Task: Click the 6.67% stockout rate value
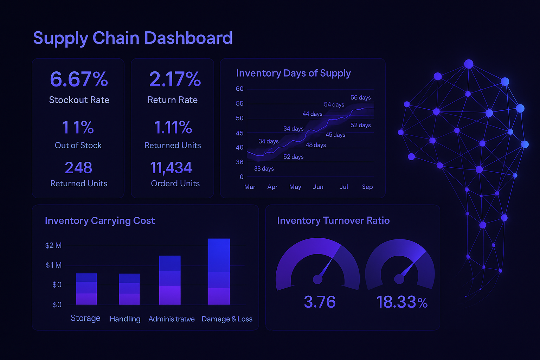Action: pyautogui.click(x=79, y=79)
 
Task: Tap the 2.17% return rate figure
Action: pyautogui.click(x=175, y=79)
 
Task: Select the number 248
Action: pyautogui.click(x=78, y=168)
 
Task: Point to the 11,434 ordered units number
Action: pyautogui.click(x=171, y=168)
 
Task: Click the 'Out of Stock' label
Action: pyautogui.click(x=78, y=145)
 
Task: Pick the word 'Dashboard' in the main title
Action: pyautogui.click(x=188, y=38)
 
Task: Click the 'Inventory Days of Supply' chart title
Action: pyautogui.click(x=293, y=73)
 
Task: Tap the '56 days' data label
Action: pyautogui.click(x=360, y=97)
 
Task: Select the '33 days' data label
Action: pyautogui.click(x=264, y=169)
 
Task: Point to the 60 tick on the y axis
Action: pyautogui.click(x=239, y=89)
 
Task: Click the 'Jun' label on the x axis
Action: pyautogui.click(x=318, y=187)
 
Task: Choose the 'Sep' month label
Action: pyautogui.click(x=367, y=187)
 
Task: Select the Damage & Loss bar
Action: pyautogui.click(x=219, y=271)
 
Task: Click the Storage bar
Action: pyautogui.click(x=86, y=289)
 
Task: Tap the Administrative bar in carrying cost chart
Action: pyautogui.click(x=169, y=280)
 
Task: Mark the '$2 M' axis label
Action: pyautogui.click(x=53, y=245)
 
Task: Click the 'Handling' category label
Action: pyautogui.click(x=125, y=319)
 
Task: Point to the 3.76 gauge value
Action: pyautogui.click(x=320, y=302)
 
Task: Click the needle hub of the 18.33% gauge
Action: pyautogui.click(x=399, y=279)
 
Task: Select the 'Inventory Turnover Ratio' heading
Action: pyautogui.click(x=333, y=220)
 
